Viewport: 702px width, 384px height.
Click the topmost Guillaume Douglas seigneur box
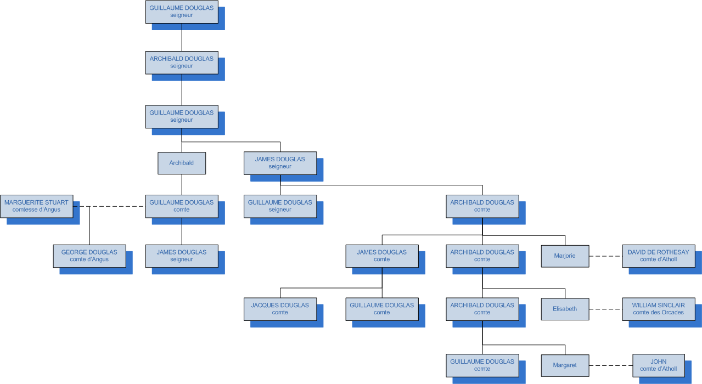click(x=182, y=12)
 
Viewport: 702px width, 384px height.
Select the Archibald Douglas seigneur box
click(x=182, y=63)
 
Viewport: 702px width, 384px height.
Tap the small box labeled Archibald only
click(x=182, y=163)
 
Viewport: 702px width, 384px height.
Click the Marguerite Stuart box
click(x=36, y=206)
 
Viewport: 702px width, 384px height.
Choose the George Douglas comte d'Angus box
click(x=89, y=256)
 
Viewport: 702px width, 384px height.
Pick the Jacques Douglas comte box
click(x=280, y=309)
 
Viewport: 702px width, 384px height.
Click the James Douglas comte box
click(x=382, y=256)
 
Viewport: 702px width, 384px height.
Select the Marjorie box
click(x=565, y=256)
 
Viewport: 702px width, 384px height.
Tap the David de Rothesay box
click(x=658, y=256)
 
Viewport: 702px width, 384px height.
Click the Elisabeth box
click(x=565, y=309)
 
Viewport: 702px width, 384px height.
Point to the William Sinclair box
click(x=658, y=309)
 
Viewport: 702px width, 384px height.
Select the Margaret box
click(x=565, y=365)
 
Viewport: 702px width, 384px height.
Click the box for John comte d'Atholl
click(x=658, y=365)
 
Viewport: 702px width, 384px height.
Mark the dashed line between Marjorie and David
click(x=605, y=256)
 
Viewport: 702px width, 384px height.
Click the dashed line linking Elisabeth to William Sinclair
click(x=605, y=309)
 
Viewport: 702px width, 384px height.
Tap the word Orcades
click(x=671, y=313)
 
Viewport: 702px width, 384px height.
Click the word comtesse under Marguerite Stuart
click(x=25, y=210)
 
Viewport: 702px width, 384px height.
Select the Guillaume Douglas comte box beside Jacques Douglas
click(x=382, y=309)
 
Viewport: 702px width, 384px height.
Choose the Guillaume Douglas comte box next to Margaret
click(x=482, y=365)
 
